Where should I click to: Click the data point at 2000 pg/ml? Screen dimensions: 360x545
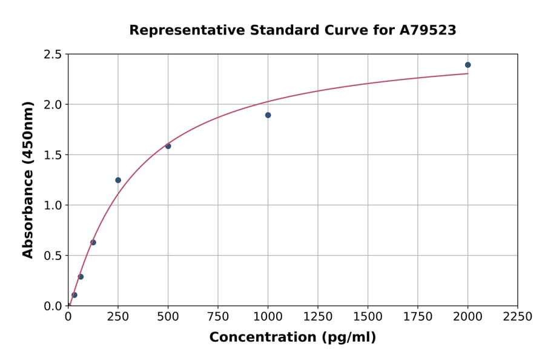click(x=467, y=65)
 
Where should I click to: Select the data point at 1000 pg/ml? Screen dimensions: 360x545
click(x=268, y=115)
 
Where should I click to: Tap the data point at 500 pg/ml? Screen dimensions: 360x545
click(x=168, y=146)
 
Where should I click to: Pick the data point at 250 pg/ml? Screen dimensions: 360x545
click(x=118, y=180)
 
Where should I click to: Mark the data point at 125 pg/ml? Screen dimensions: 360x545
click(x=93, y=242)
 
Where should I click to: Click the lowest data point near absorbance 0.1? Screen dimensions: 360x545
click(x=74, y=295)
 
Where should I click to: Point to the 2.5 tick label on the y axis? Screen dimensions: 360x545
click(x=53, y=55)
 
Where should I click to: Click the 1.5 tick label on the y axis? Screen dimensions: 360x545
click(x=53, y=155)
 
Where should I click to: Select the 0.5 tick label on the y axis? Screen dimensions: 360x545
click(x=53, y=256)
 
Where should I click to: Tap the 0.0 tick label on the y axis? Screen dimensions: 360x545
click(x=53, y=306)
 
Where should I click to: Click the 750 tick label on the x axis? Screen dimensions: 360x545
click(x=218, y=317)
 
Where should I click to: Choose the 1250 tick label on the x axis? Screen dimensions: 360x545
click(x=318, y=317)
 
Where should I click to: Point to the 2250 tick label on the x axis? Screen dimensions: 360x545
click(x=517, y=317)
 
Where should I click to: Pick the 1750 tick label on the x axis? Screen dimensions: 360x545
click(x=418, y=317)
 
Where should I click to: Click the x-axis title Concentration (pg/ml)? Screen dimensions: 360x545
click(x=292, y=338)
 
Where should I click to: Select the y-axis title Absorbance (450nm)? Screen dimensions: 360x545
click(x=28, y=180)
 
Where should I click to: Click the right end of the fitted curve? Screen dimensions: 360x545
click(x=467, y=74)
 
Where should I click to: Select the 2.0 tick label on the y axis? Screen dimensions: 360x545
click(x=53, y=105)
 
